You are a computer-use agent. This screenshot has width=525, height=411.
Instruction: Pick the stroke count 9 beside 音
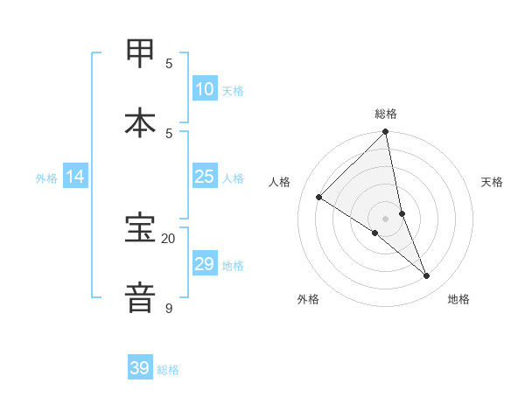168,308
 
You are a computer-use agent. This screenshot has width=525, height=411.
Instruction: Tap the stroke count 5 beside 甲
169,63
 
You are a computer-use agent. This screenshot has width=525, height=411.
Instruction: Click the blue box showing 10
205,88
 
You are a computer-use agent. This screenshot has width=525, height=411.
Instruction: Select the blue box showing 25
205,177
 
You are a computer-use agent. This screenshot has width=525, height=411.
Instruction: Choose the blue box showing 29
205,263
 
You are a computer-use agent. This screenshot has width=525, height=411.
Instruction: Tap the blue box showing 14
75,177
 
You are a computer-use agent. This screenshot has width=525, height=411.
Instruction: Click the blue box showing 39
140,368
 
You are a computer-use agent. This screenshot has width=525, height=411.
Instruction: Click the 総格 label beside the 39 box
168,370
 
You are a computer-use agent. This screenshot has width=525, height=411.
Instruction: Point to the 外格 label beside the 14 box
46,178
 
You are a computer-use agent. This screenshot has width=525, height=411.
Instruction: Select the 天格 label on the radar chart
492,182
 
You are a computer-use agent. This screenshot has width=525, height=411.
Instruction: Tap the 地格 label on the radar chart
458,299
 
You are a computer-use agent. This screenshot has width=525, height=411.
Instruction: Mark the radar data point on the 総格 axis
386,132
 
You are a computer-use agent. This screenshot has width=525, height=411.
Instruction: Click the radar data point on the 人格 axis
319,198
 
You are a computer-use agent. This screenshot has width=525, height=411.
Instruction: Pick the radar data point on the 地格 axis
427,275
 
